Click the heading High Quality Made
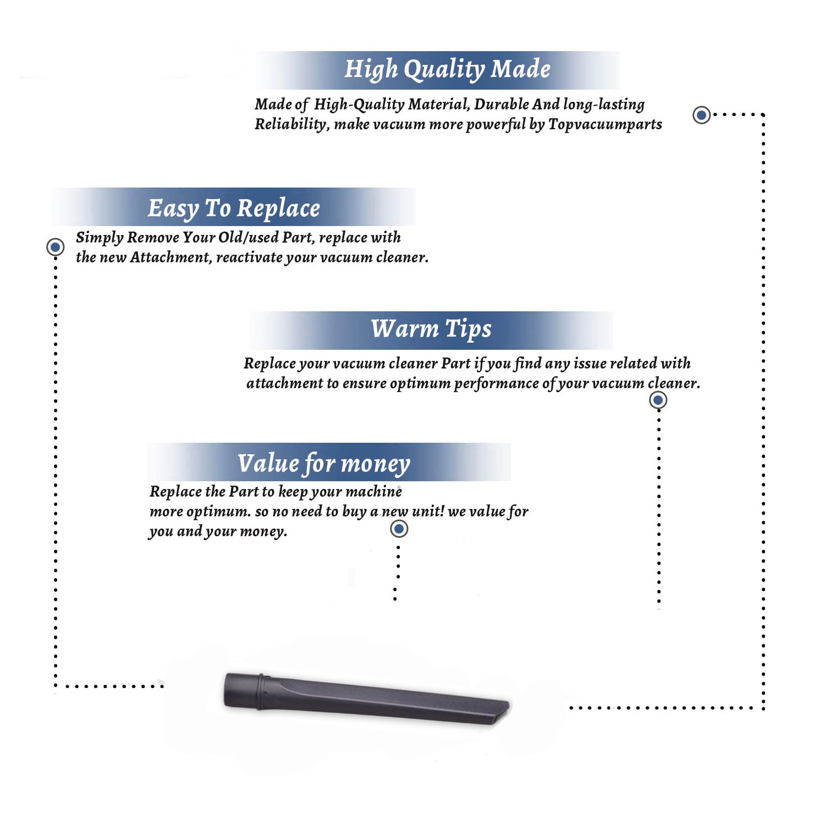point(447,70)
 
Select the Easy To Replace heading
point(234,208)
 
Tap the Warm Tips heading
point(431,329)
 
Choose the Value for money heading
point(324,464)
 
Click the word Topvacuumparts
point(605,125)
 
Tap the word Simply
point(100,238)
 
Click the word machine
point(374,491)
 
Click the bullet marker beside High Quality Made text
point(701,115)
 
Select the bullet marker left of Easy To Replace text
point(56,247)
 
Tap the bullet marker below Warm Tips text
point(658,400)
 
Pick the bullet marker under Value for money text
point(399,529)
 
